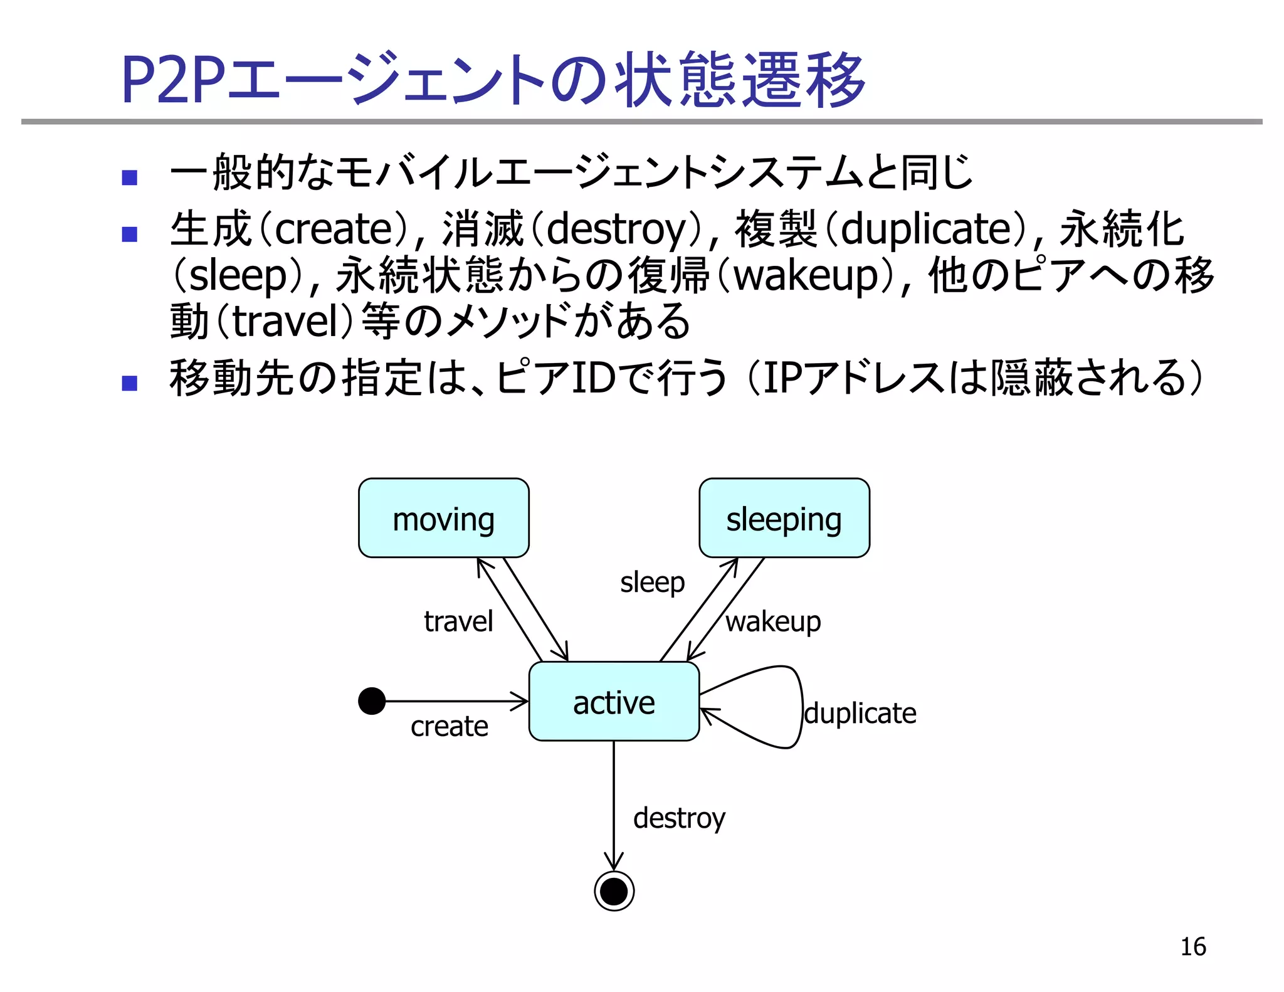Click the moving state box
[443, 518]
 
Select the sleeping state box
[784, 518]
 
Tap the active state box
[613, 701]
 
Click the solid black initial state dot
[372, 700]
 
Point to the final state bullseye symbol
[614, 890]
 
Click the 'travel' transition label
[458, 621]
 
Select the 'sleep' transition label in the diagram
[652, 582]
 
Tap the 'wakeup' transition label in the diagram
[773, 621]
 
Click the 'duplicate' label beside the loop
[860, 714]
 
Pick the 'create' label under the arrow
[449, 726]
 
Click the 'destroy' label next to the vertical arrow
[679, 818]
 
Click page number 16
[1192, 946]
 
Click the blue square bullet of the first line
[130, 177]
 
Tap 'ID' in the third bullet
[592, 378]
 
